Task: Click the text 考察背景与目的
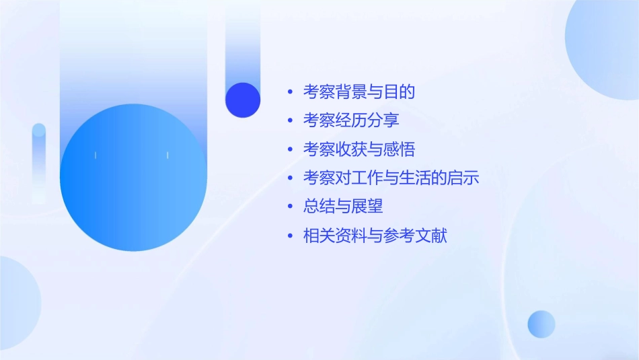coord(359,92)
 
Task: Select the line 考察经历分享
coord(351,120)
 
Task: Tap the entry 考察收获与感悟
coord(359,149)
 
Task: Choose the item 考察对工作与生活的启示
coord(391,178)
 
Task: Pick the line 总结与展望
coord(343,207)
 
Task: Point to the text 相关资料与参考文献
coord(375,236)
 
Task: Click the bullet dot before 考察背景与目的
coord(290,92)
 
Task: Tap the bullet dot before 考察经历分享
coord(290,121)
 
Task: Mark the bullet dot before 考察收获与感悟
coord(290,150)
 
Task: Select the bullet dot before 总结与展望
coord(290,207)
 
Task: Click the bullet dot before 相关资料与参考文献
coord(290,236)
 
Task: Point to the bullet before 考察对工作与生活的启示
coord(290,179)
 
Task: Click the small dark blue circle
coord(243,100)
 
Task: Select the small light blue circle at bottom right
coord(541,324)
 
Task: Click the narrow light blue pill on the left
coord(39,161)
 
